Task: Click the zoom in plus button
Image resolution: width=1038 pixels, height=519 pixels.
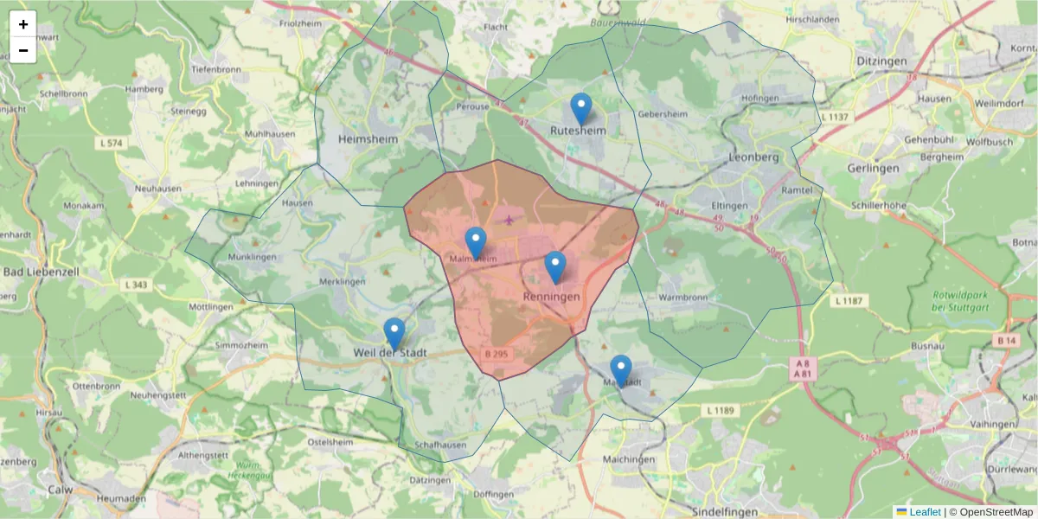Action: pos(23,24)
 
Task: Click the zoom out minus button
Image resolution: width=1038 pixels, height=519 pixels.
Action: pos(23,50)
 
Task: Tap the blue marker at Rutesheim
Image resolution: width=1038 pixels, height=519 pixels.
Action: pos(581,109)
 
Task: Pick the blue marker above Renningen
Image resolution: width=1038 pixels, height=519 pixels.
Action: pos(555,267)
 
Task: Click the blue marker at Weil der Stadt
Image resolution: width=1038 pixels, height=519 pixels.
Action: pos(394,334)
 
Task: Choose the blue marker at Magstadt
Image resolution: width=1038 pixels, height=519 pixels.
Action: pos(621,371)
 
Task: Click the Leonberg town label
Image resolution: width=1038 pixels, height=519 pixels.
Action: pos(754,157)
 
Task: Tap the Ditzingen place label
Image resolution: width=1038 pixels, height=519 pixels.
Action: pos(881,61)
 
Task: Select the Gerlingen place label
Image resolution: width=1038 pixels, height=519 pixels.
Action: pos(873,168)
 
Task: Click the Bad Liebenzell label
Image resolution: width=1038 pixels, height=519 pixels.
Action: pos(41,272)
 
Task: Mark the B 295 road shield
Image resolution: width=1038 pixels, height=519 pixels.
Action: pos(496,354)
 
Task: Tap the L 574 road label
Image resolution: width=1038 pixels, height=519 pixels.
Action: pos(112,142)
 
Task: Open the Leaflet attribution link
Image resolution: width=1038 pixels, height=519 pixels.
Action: pos(925,512)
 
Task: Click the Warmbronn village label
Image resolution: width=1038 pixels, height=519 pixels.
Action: pos(682,298)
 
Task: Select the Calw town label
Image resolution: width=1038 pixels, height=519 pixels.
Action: pos(60,489)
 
